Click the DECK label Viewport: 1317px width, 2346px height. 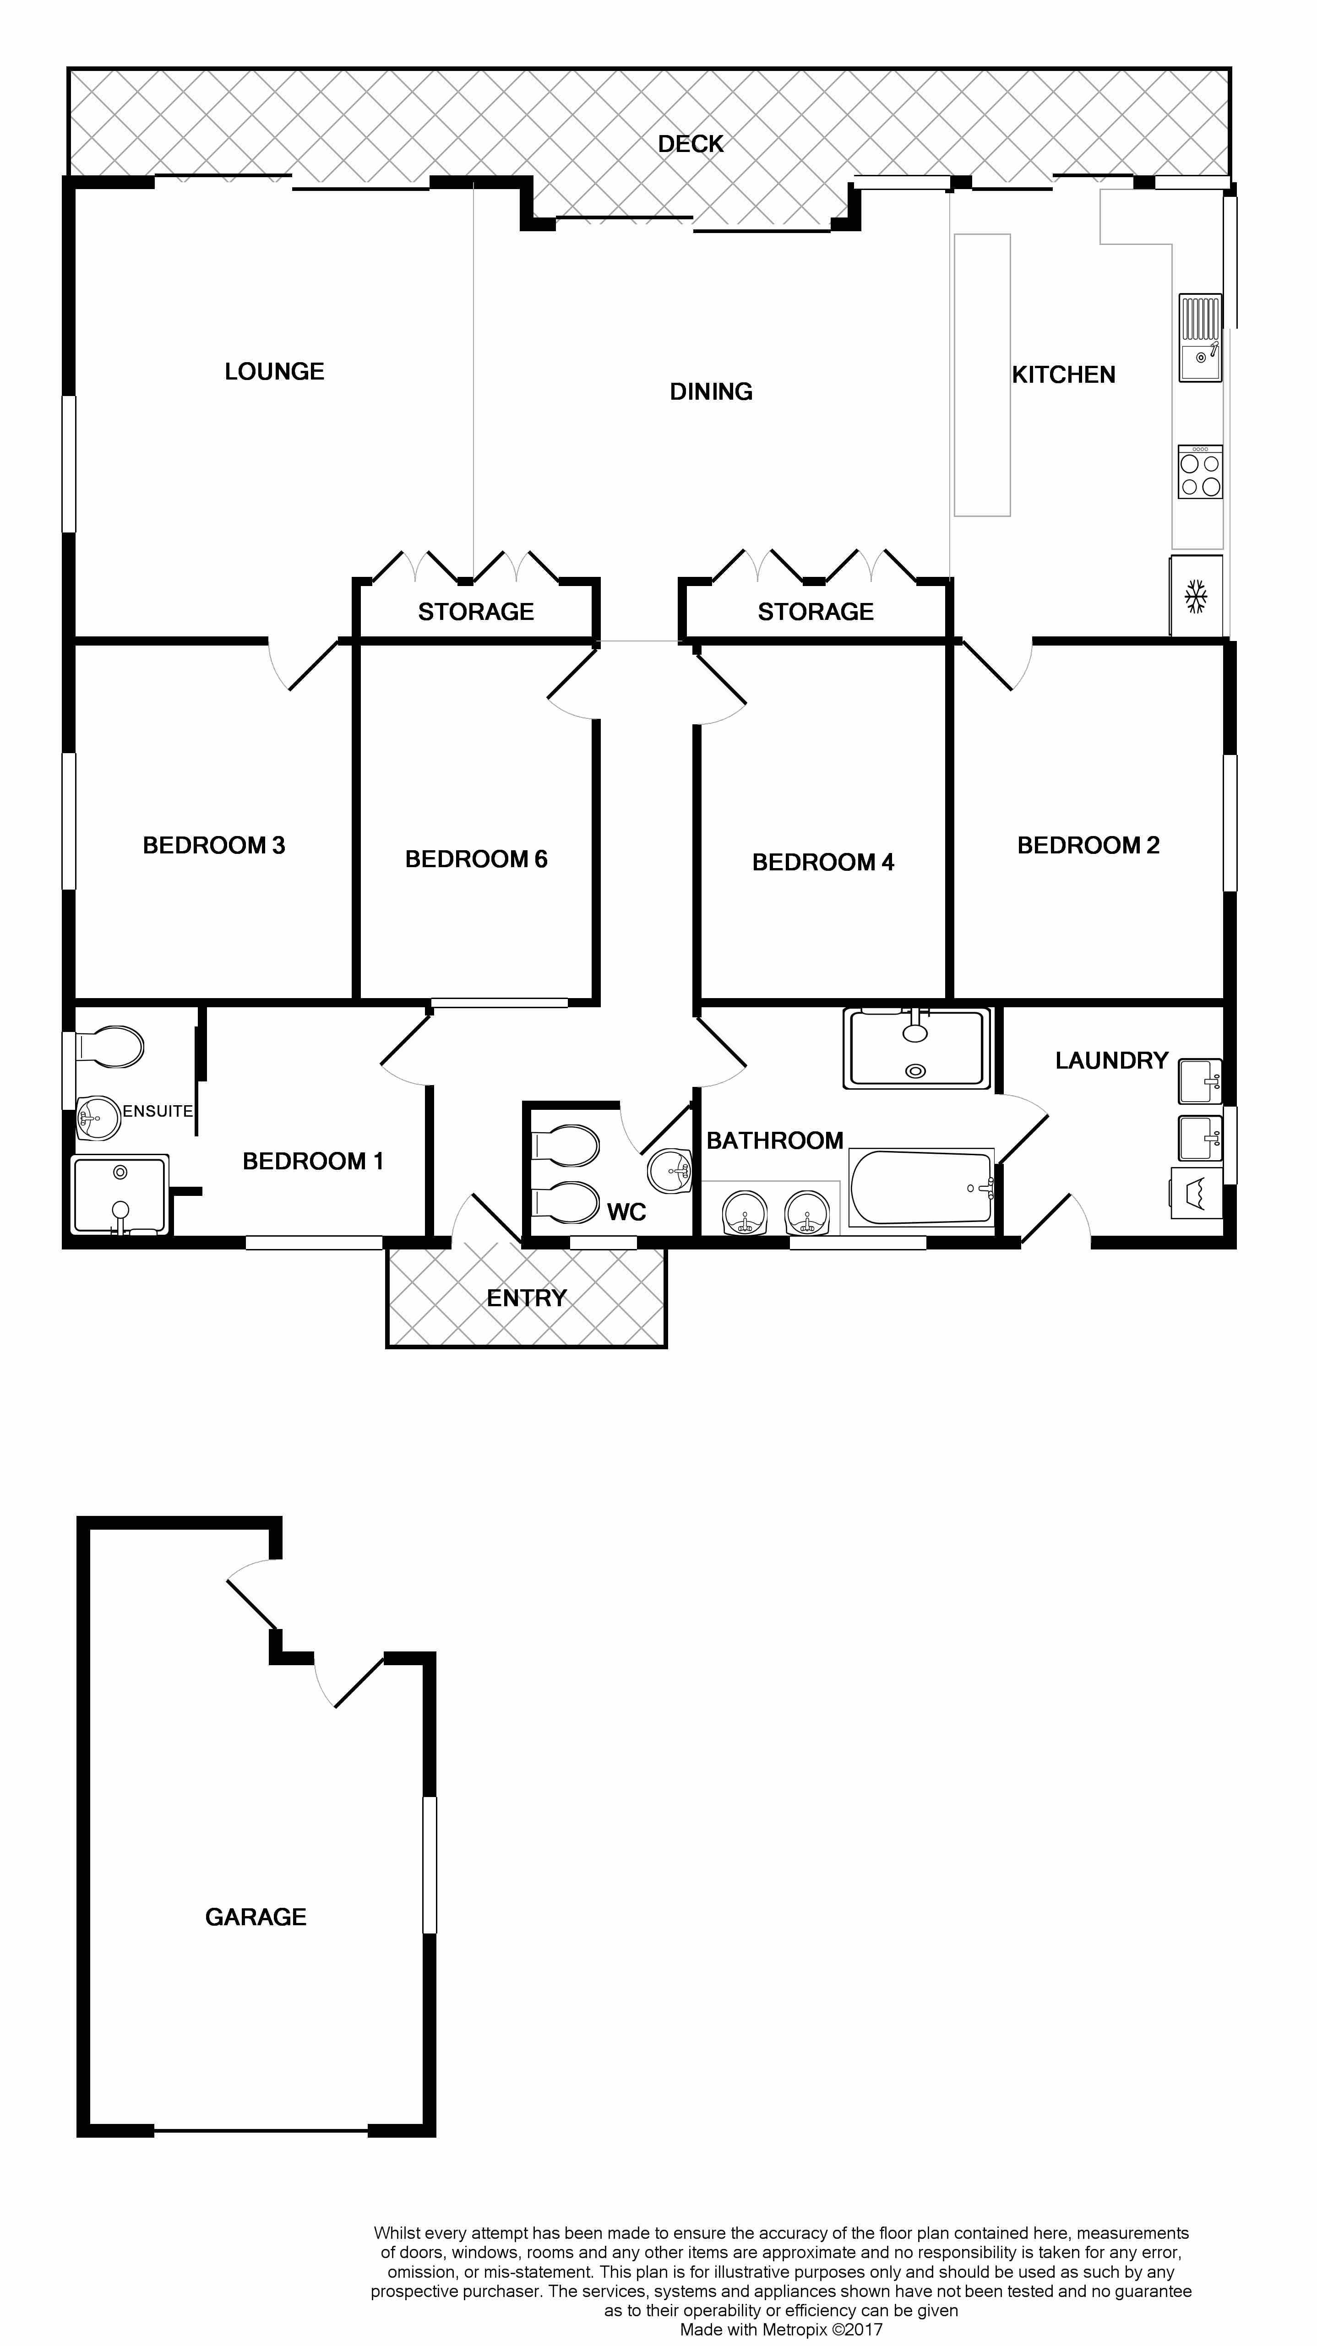click(x=691, y=144)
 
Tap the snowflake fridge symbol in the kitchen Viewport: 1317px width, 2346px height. click(x=1195, y=597)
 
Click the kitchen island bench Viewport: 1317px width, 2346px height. click(x=982, y=375)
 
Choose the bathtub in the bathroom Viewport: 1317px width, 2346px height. click(x=921, y=1187)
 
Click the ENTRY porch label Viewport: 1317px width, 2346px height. click(x=527, y=1298)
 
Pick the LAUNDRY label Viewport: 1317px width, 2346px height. click(x=1111, y=1060)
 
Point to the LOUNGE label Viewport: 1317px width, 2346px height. click(x=274, y=372)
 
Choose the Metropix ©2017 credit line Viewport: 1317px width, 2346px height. click(x=782, y=2330)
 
